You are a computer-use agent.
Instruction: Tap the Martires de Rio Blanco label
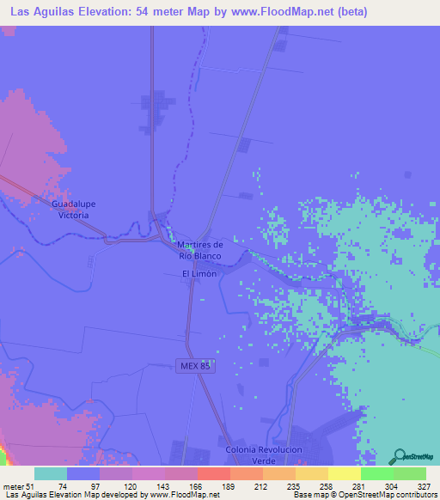click(200, 250)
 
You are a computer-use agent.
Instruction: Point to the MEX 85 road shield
click(194, 365)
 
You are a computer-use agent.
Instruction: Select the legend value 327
click(410, 486)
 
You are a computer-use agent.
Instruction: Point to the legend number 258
click(312, 486)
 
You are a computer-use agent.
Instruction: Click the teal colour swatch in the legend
click(51, 473)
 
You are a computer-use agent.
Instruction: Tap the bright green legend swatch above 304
click(376, 473)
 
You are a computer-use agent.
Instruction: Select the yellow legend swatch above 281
click(344, 473)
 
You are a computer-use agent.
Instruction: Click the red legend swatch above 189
click(213, 473)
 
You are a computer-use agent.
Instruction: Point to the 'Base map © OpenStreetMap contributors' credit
click(362, 496)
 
